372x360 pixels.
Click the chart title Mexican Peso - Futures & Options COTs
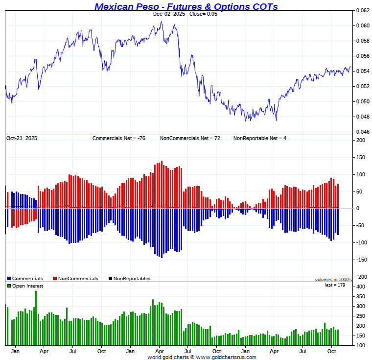pyautogui.click(x=186, y=6)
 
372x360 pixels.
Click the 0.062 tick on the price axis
pyautogui.click(x=363, y=10)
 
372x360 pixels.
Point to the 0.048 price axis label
pyautogui.click(x=363, y=117)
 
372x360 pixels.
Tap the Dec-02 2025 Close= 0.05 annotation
pyautogui.click(x=185, y=14)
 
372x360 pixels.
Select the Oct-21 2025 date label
pyautogui.click(x=22, y=138)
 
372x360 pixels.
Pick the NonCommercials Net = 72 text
pyautogui.click(x=190, y=138)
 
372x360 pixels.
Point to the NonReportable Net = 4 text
pyautogui.click(x=259, y=138)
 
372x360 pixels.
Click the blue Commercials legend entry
pyautogui.click(x=25, y=279)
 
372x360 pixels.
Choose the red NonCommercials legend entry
pyautogui.click(x=75, y=279)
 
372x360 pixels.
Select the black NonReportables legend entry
pyautogui.click(x=129, y=279)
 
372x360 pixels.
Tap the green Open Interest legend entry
pyautogui.click(x=25, y=286)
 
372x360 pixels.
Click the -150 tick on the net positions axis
pyautogui.click(x=361, y=260)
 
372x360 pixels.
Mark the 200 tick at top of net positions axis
pyautogui.click(x=361, y=140)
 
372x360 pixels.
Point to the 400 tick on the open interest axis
pyautogui.click(x=361, y=287)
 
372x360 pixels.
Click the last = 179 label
pyautogui.click(x=335, y=285)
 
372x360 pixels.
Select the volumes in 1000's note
pyautogui.click(x=333, y=280)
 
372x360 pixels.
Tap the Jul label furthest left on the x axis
pyautogui.click(x=72, y=351)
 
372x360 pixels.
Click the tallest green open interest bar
pyautogui.click(x=36, y=318)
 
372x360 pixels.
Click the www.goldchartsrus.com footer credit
pyautogui.click(x=226, y=358)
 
